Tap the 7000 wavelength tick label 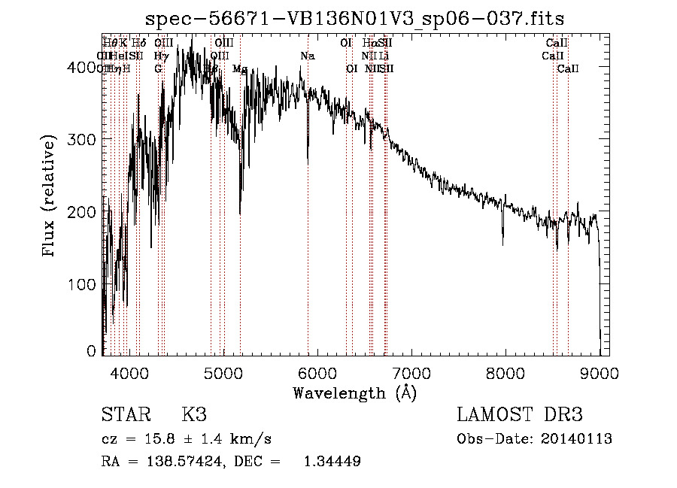point(411,372)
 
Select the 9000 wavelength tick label point(600,372)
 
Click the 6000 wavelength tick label point(317,372)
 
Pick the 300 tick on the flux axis point(85,140)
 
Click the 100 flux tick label point(85,285)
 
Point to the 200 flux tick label point(85,213)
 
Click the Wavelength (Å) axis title point(354,393)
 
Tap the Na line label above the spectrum point(307,56)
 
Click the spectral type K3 point(193,415)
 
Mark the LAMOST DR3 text point(520,415)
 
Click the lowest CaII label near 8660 point(568,69)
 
